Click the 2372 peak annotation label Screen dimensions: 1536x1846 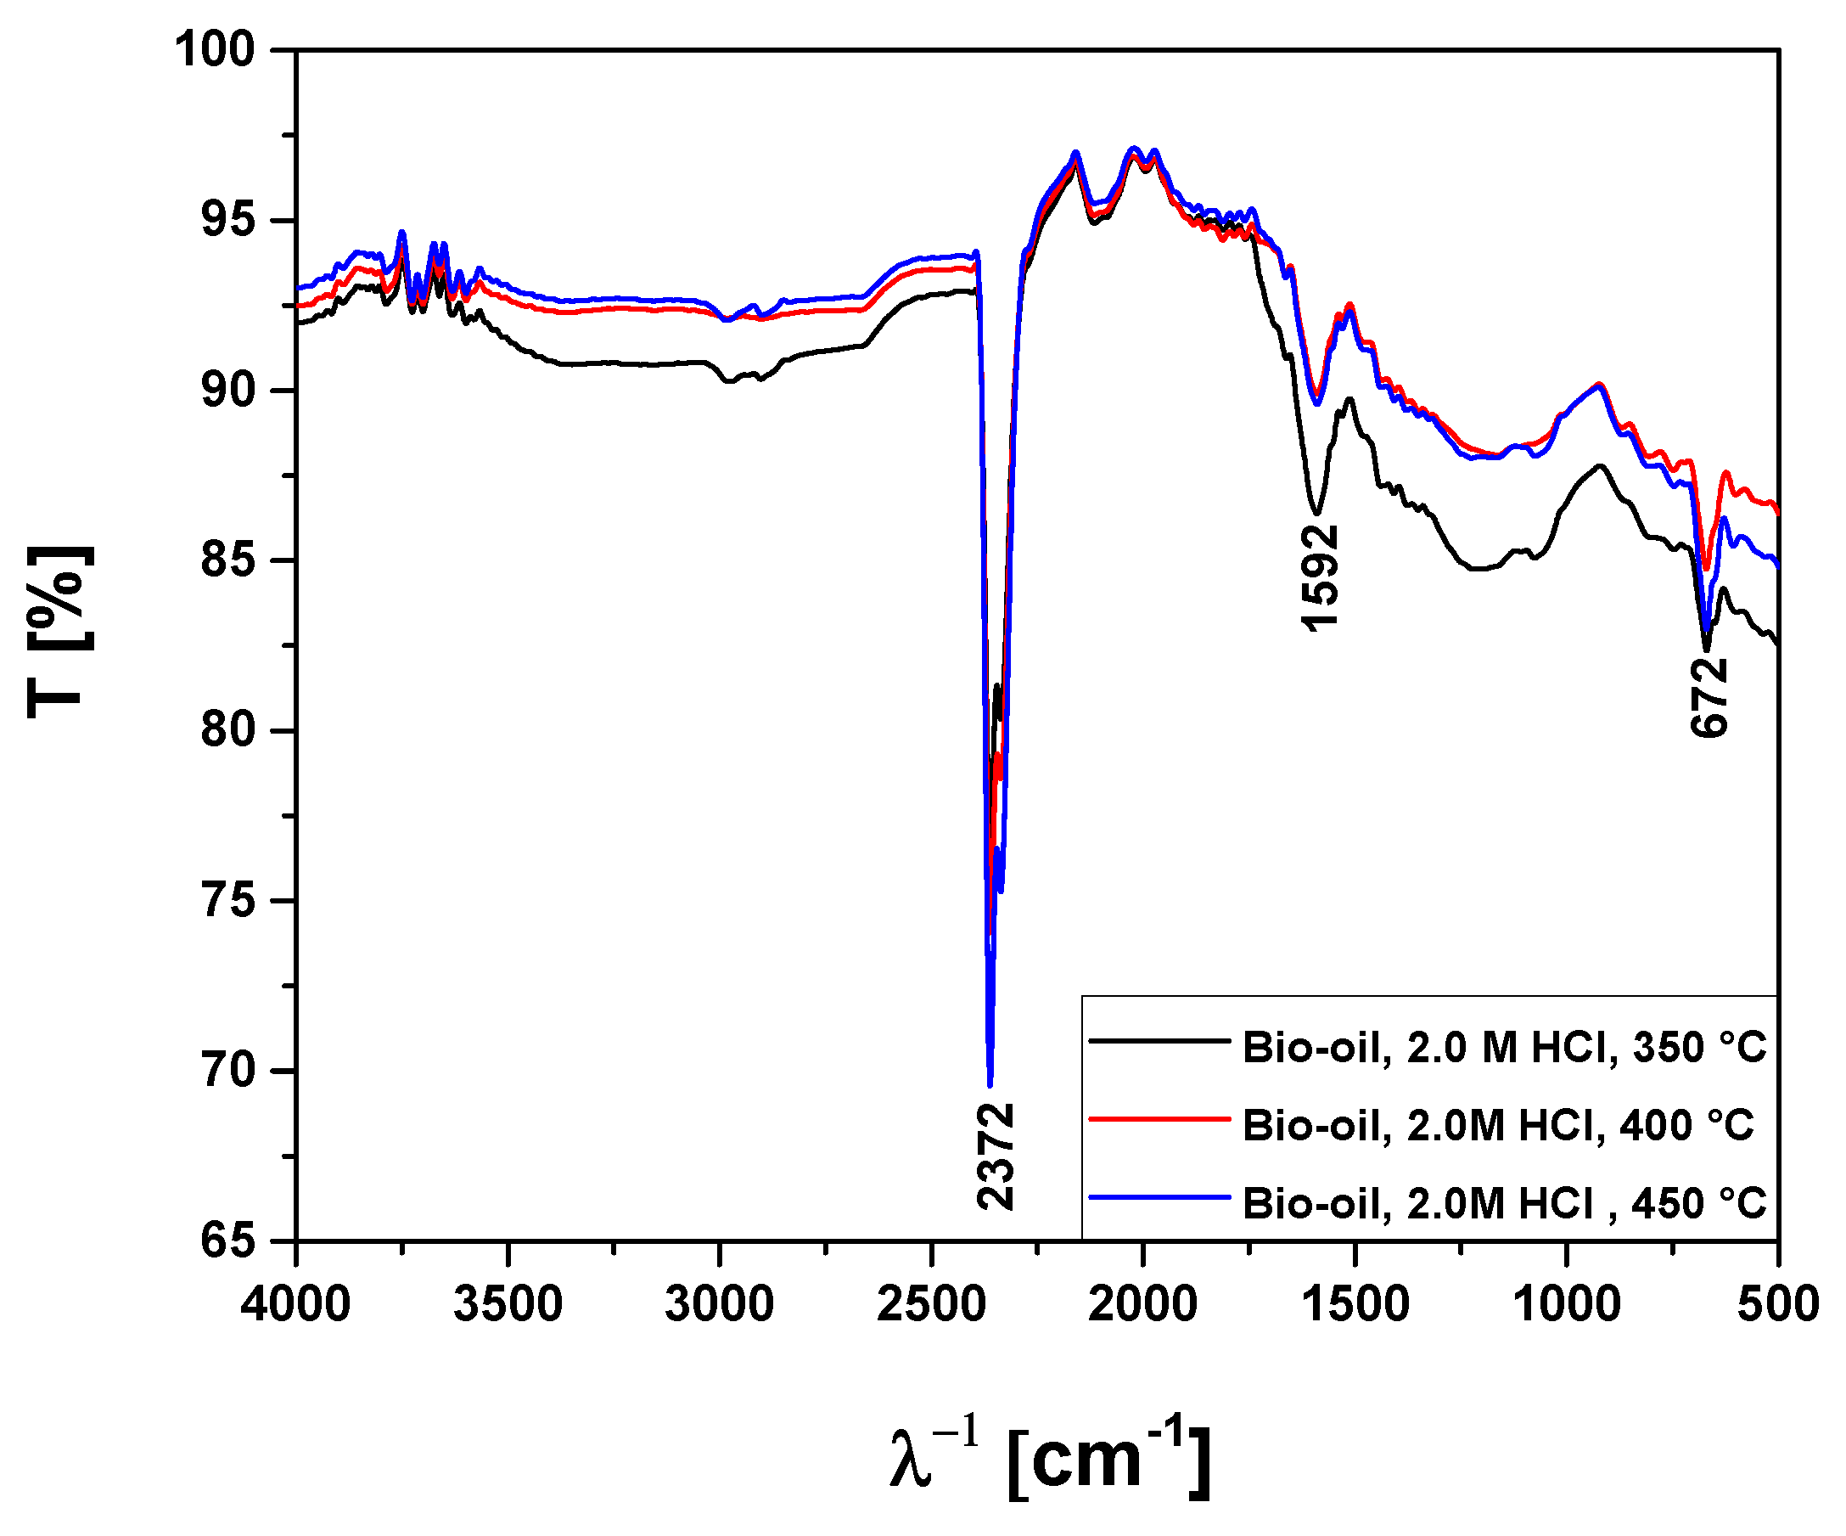click(996, 1157)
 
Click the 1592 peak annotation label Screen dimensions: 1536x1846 click(1320, 577)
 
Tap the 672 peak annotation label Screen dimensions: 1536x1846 click(1709, 697)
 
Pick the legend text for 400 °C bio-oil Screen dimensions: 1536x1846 click(1497, 1126)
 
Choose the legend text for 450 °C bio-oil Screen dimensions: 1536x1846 click(1503, 1204)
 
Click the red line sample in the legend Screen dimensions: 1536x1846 click(1159, 1119)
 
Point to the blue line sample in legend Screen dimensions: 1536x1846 click(1159, 1196)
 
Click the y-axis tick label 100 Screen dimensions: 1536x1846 click(216, 49)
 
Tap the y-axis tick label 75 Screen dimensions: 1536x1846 click(227, 901)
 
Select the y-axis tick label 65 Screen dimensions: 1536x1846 click(227, 1241)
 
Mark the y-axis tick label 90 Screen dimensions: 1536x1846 click(227, 390)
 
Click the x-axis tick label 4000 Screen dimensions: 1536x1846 click(295, 1304)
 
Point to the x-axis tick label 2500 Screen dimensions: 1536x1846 click(931, 1304)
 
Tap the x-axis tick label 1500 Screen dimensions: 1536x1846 click(1355, 1304)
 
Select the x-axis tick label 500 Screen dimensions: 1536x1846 click(1777, 1304)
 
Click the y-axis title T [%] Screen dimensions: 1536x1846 click(58, 631)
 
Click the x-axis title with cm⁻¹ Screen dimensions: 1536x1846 click(1050, 1460)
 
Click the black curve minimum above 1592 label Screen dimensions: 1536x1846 click(1316, 513)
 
